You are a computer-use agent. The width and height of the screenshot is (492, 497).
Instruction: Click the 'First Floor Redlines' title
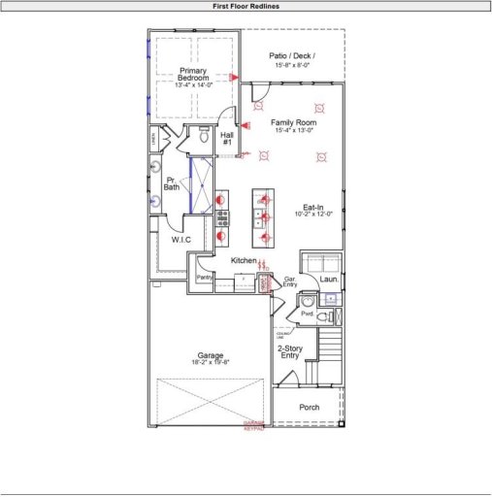click(246, 6)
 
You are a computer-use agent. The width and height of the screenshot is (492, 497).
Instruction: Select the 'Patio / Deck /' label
click(292, 56)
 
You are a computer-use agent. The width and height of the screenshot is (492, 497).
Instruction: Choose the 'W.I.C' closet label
click(181, 239)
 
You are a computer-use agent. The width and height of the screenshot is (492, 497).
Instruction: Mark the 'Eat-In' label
click(312, 207)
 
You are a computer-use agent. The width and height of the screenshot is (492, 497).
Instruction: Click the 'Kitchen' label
click(243, 261)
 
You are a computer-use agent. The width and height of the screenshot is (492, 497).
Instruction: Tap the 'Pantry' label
click(204, 278)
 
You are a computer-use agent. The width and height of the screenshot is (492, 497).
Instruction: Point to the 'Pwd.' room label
click(308, 315)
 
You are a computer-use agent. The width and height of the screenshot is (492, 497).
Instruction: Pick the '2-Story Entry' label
click(289, 351)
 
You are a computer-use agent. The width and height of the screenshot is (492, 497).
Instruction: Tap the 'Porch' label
click(309, 407)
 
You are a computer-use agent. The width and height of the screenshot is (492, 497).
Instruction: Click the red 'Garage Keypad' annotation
click(253, 425)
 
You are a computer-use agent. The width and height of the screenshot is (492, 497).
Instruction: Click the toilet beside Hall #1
click(205, 138)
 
